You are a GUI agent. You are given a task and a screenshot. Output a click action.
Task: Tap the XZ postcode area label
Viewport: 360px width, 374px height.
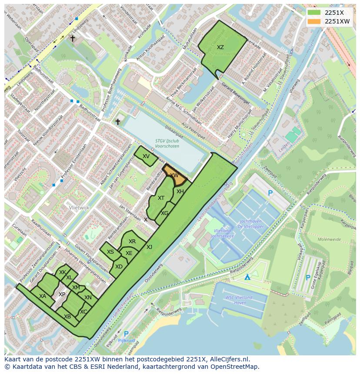click(220, 47)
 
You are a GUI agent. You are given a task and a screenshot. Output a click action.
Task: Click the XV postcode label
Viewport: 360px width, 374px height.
click(146, 156)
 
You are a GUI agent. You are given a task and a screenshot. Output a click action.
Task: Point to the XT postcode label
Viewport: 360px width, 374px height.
click(161, 198)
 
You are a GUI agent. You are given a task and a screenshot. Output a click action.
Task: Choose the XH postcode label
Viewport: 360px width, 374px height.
click(180, 192)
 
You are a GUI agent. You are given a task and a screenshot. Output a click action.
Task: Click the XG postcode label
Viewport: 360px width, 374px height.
click(164, 213)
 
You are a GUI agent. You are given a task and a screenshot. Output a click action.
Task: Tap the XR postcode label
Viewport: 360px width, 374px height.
click(132, 242)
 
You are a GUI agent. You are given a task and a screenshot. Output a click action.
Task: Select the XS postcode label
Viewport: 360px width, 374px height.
click(110, 252)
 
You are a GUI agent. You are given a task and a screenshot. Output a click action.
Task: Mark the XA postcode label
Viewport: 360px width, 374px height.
click(43, 296)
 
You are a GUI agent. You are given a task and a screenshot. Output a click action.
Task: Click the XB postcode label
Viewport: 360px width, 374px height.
click(67, 317)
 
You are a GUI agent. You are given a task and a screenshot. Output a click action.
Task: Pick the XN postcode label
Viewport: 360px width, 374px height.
click(88, 298)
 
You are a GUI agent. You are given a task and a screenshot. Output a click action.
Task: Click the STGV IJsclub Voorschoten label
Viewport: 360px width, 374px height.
click(167, 143)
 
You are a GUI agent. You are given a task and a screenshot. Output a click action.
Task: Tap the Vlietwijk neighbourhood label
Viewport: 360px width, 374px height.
click(79, 208)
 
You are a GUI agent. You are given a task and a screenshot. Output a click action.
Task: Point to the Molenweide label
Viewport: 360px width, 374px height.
click(329, 239)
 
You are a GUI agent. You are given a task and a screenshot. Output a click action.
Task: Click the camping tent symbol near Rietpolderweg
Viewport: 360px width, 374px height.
click(247, 277)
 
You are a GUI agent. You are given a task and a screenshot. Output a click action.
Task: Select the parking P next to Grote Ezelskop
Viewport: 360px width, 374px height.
click(308, 277)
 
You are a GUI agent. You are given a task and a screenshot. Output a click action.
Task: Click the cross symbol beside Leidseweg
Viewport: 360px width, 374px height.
click(73, 38)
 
